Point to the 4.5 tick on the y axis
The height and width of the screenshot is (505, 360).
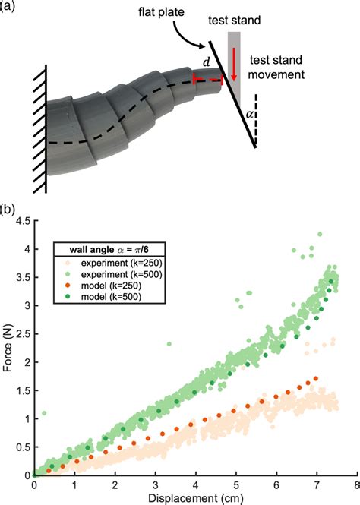pyautogui.click(x=22, y=222)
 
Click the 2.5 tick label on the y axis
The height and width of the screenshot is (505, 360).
pyautogui.click(x=22, y=334)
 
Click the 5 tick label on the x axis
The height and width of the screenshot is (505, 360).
pyautogui.click(x=236, y=484)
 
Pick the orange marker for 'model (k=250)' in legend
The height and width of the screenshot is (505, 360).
pyautogui.click(x=65, y=286)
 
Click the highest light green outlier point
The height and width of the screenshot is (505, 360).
pyautogui.click(x=320, y=235)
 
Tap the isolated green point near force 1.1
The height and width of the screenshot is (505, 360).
pyautogui.click(x=44, y=413)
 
